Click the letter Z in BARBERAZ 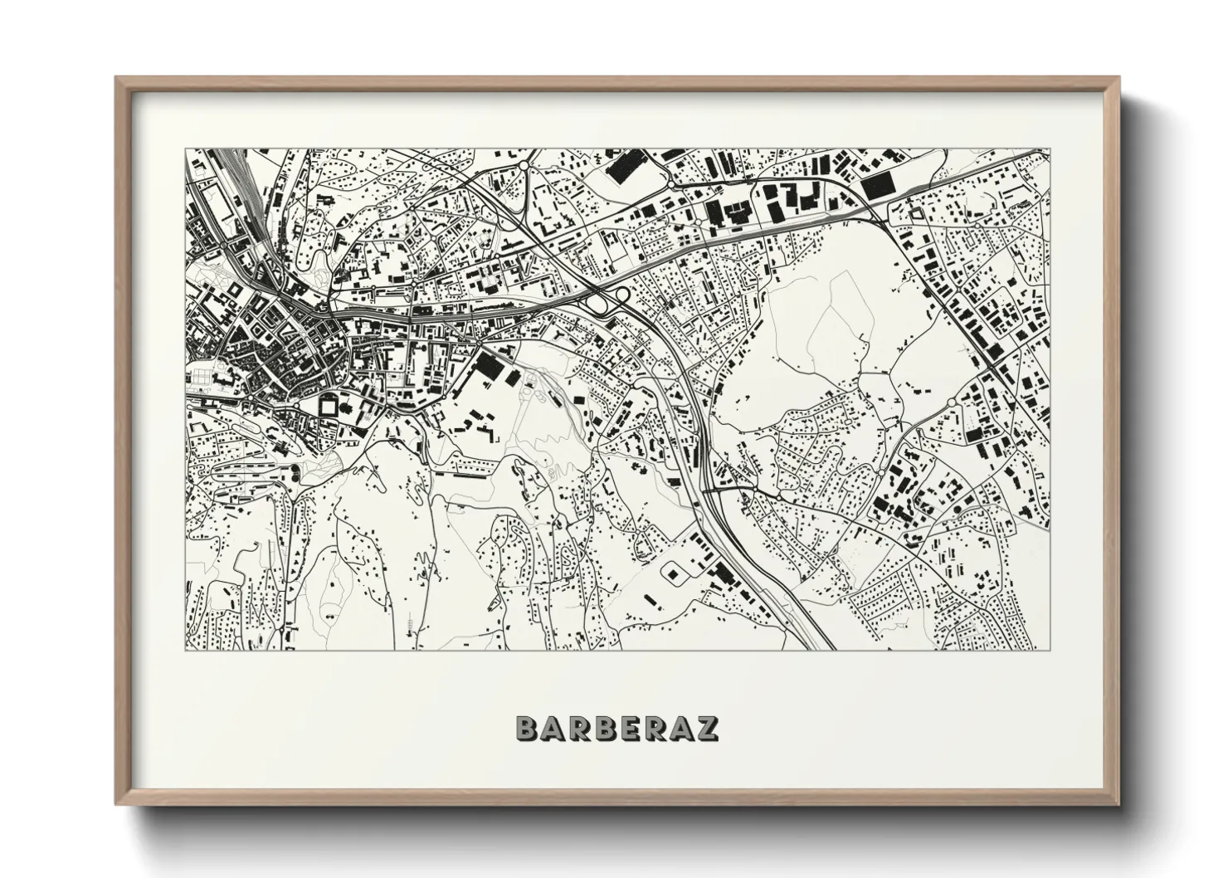coord(708,728)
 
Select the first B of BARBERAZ coord(528,728)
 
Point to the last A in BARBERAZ coord(683,728)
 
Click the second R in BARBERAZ coord(658,728)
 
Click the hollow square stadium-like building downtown coord(329,407)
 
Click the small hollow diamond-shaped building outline coord(916,214)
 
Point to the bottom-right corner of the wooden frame coord(1118,804)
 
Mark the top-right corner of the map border coord(1050,149)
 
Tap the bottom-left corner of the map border coord(186,650)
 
